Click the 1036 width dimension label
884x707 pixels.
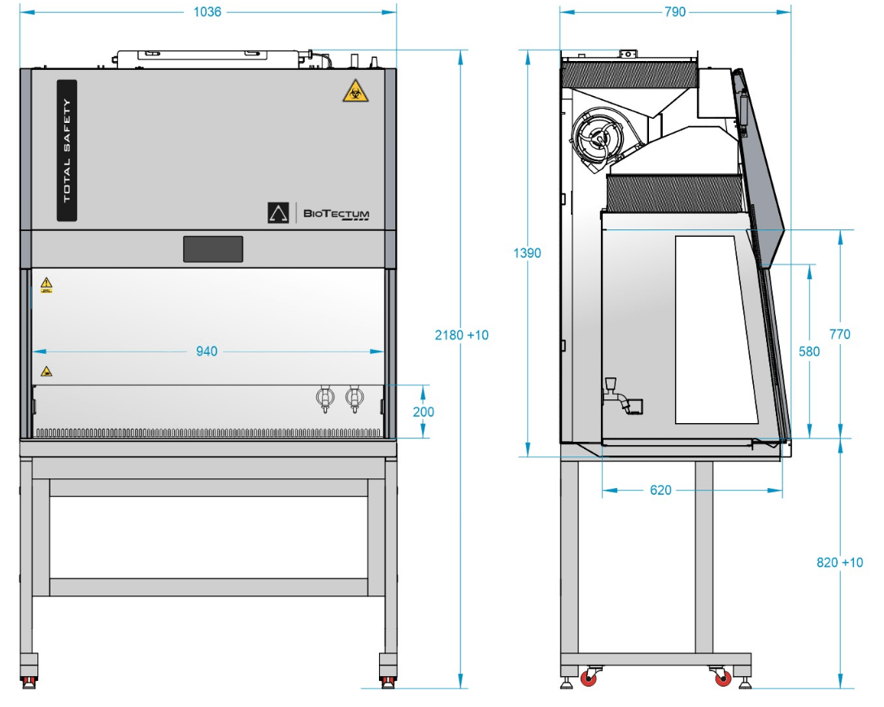207,12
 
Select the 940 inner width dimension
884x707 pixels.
207,351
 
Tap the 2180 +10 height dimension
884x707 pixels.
461,335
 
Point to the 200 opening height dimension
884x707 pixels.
424,412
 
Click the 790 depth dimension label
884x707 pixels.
675,12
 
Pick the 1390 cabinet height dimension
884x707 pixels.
527,253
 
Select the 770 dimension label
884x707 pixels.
839,334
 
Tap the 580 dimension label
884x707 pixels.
809,351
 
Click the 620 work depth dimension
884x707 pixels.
660,490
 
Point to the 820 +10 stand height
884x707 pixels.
839,562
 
